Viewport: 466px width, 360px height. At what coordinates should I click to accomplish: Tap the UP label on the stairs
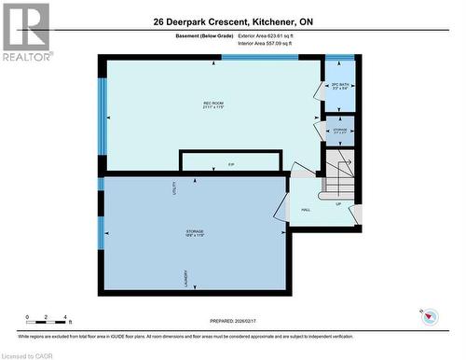(x=337, y=202)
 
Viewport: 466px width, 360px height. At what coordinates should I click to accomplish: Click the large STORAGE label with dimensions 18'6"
(x=195, y=232)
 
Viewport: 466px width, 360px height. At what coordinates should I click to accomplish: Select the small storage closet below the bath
(x=340, y=132)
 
